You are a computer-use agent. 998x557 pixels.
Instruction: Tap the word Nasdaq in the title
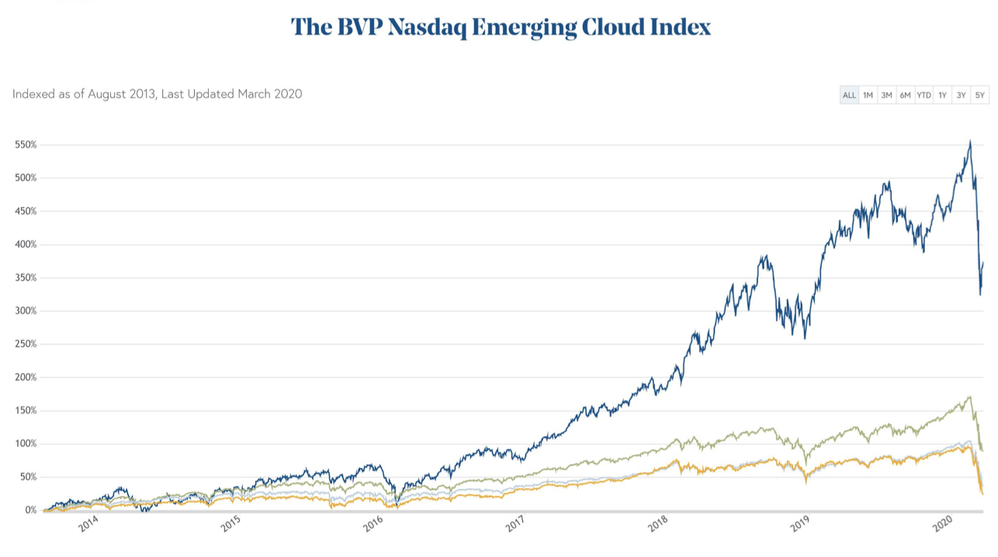click(x=426, y=27)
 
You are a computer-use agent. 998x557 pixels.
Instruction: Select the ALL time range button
click(x=849, y=95)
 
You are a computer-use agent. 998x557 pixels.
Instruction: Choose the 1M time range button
click(x=868, y=95)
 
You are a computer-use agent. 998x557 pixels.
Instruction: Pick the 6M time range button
click(x=905, y=95)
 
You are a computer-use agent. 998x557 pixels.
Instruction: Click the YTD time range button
click(x=923, y=95)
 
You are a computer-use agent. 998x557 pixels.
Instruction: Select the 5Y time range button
click(x=979, y=95)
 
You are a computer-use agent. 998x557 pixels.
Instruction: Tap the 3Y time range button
click(x=961, y=95)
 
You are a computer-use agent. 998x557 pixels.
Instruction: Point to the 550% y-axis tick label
click(x=25, y=145)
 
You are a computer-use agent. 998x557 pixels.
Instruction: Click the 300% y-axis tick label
click(x=25, y=311)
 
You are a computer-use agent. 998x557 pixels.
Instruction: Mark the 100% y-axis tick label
click(x=25, y=444)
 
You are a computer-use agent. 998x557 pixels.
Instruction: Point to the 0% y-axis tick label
click(x=29, y=510)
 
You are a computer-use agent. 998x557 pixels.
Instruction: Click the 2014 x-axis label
click(x=89, y=525)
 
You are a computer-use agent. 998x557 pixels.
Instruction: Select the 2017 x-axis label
click(x=516, y=525)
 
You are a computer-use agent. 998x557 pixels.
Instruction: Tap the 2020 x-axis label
click(x=942, y=525)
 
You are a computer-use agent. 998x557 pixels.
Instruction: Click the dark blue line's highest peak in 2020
click(x=970, y=141)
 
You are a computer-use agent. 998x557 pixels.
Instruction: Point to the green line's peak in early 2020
click(x=969, y=397)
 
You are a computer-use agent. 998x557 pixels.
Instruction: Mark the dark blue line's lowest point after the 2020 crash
click(x=979, y=294)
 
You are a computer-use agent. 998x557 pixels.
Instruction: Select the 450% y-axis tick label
click(x=25, y=211)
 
